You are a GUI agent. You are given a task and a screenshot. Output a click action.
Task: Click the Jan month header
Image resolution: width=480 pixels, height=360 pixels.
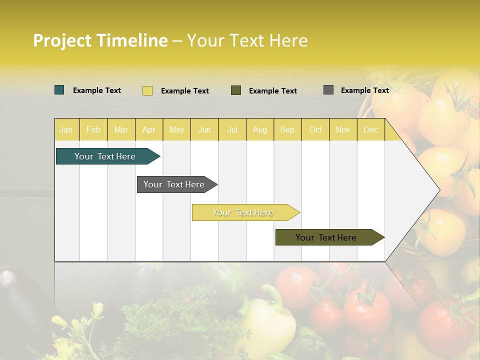pyautogui.click(x=66, y=129)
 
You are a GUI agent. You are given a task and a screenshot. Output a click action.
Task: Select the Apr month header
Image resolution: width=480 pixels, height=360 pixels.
pyautogui.click(x=149, y=129)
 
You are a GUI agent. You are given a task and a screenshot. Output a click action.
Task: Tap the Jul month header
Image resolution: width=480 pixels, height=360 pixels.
pyautogui.click(x=232, y=129)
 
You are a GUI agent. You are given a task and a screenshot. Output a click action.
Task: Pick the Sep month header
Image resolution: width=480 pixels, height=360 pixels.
pyautogui.click(x=287, y=129)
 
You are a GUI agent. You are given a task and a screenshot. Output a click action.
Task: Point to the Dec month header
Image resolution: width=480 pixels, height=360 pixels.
pyautogui.click(x=370, y=129)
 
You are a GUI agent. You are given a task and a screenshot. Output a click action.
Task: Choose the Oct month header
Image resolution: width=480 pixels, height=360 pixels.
pyautogui.click(x=315, y=129)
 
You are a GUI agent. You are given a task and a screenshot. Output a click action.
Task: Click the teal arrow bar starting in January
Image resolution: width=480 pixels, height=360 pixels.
pyautogui.click(x=105, y=156)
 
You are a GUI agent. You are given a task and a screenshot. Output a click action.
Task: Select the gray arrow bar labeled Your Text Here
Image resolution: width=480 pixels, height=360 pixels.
pyautogui.click(x=174, y=184)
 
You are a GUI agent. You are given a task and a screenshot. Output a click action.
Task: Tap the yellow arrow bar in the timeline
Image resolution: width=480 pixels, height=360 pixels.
pyautogui.click(x=243, y=212)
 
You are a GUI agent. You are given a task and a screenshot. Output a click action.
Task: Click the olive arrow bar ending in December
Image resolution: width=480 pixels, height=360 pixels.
pyautogui.click(x=326, y=237)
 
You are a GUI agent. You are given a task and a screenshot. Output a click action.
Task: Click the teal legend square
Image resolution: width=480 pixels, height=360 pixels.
pyautogui.click(x=59, y=90)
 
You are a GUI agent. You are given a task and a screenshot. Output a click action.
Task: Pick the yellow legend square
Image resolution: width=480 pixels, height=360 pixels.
pyautogui.click(x=147, y=90)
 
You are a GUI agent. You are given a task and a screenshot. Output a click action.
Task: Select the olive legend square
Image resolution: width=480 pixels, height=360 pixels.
pyautogui.click(x=236, y=90)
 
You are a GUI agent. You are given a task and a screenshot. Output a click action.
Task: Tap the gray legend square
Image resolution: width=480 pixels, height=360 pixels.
pyautogui.click(x=328, y=90)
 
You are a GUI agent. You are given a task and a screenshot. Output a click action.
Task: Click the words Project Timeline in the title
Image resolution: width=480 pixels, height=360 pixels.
pyautogui.click(x=100, y=40)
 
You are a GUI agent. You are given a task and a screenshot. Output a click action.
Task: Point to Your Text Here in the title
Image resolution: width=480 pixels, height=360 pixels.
pyautogui.click(x=247, y=40)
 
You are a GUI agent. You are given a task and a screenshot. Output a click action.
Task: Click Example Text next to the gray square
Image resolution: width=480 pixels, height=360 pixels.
pyautogui.click(x=364, y=90)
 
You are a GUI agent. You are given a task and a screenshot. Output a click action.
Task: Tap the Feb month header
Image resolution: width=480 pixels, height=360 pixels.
pyautogui.click(x=93, y=129)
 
